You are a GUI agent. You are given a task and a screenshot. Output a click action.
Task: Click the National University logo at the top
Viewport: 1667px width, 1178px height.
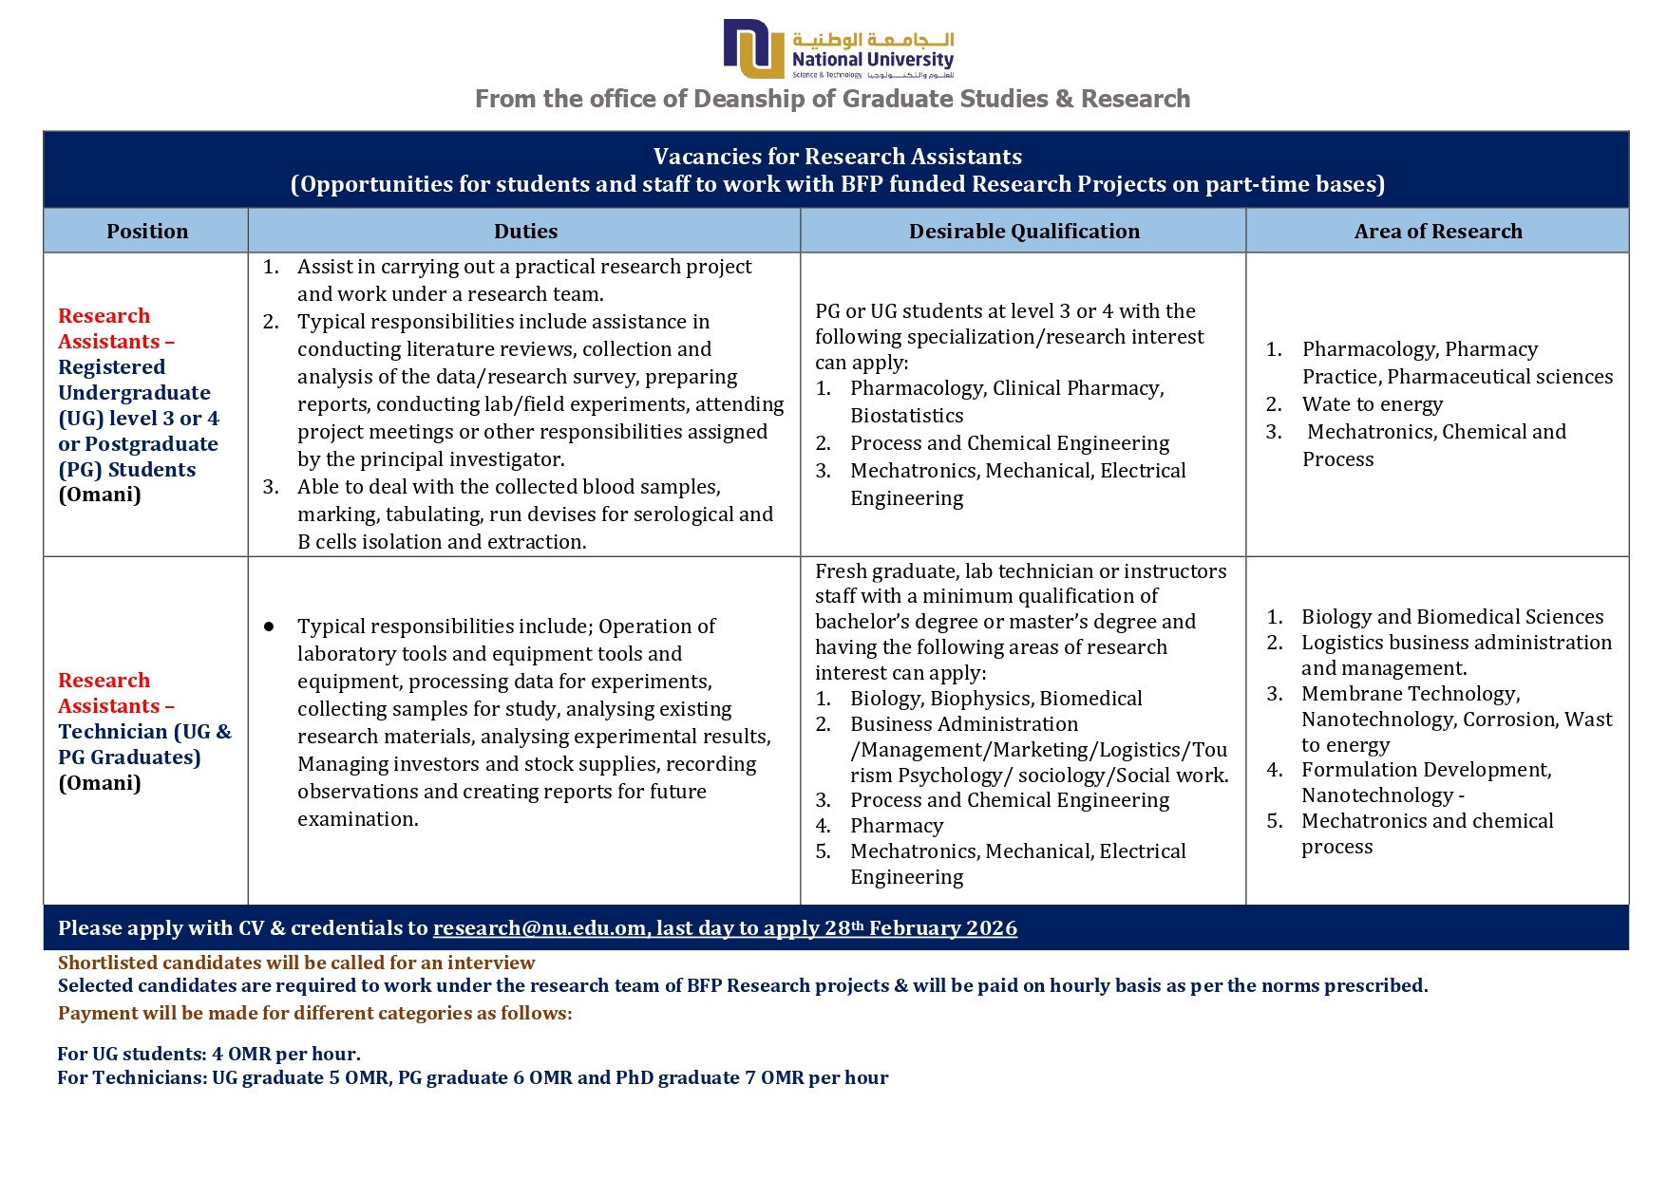(x=838, y=48)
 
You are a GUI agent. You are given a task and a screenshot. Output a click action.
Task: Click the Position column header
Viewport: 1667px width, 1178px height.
(x=147, y=232)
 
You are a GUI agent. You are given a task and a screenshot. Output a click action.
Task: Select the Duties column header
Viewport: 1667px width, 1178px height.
(x=525, y=232)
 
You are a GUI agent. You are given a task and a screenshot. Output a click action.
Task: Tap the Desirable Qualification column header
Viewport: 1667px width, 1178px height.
(x=1024, y=232)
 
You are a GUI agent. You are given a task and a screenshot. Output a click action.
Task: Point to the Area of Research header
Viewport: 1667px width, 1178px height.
(x=1437, y=232)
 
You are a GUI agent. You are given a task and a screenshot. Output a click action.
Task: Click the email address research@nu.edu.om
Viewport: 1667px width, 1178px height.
(x=539, y=928)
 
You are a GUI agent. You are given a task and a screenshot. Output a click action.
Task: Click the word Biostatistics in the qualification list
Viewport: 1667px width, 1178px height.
(x=906, y=416)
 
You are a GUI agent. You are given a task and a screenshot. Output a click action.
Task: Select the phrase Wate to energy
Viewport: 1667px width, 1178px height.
(x=1372, y=404)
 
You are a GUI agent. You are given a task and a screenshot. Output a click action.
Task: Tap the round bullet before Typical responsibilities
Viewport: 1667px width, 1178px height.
(x=269, y=626)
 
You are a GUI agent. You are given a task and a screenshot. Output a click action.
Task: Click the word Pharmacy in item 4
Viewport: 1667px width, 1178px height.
(x=897, y=826)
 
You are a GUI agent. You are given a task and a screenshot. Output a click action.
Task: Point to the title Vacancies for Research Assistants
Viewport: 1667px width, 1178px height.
(x=837, y=157)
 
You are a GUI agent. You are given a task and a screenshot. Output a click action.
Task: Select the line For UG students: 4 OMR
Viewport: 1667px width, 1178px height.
(x=209, y=1054)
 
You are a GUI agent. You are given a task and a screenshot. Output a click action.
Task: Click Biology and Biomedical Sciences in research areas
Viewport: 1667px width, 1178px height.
(x=1451, y=617)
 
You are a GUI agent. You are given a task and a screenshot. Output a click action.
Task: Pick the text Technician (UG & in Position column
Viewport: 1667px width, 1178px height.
(x=144, y=732)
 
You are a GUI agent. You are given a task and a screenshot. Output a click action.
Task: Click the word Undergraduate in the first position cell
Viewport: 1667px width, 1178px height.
(x=134, y=393)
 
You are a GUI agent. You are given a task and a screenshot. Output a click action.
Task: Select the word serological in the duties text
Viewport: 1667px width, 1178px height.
(x=681, y=514)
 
